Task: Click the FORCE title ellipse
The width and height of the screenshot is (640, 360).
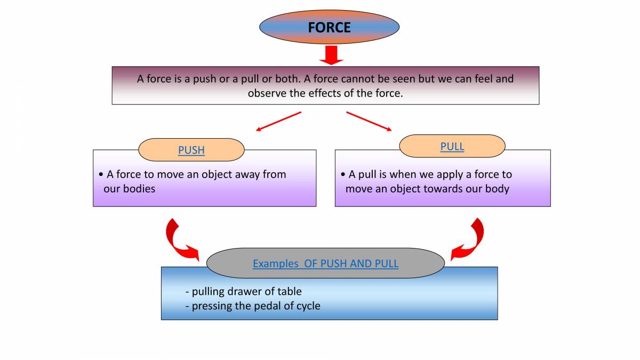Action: (x=329, y=27)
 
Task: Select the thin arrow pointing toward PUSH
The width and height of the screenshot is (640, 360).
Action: (x=278, y=121)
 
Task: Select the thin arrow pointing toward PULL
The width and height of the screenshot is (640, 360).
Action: (x=369, y=121)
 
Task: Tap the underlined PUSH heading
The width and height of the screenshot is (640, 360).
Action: (x=191, y=150)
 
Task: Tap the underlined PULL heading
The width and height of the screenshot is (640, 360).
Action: (x=452, y=147)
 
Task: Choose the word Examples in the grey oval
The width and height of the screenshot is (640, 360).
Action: (x=276, y=263)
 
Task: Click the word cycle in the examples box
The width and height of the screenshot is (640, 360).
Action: (x=306, y=306)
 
